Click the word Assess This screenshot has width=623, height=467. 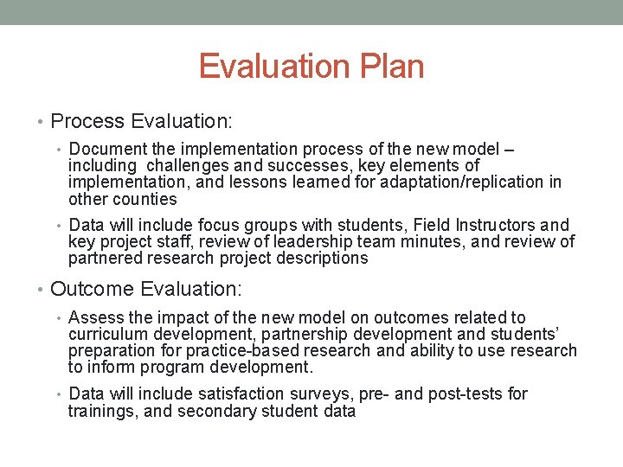click(94, 318)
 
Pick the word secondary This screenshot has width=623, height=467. click(215, 412)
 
